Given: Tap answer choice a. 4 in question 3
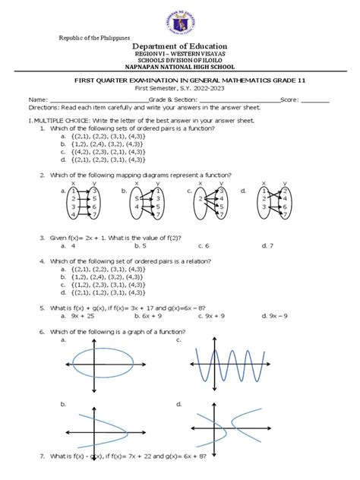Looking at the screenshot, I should click(x=74, y=245).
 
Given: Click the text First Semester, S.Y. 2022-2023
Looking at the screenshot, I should click(x=180, y=88).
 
